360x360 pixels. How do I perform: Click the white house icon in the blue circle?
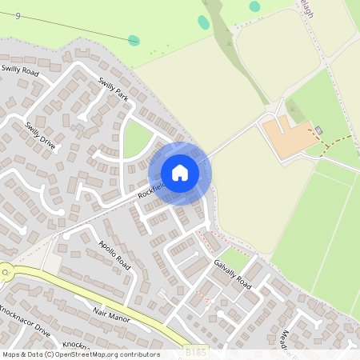(x=180, y=173)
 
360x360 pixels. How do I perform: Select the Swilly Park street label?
(x=113, y=89)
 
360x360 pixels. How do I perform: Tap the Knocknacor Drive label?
(x=24, y=320)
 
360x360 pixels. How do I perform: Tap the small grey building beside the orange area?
(x=319, y=130)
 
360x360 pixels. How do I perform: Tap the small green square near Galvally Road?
(x=233, y=258)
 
